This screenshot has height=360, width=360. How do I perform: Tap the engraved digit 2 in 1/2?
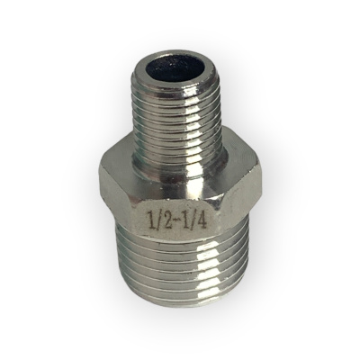[x=166, y=219]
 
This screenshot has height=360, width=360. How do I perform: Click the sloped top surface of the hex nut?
[x=180, y=171]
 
